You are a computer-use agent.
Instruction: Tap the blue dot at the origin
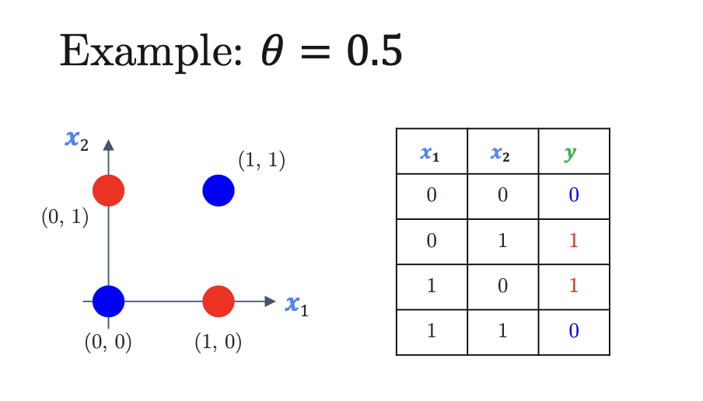[109, 301]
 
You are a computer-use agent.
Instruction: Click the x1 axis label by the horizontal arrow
[297, 306]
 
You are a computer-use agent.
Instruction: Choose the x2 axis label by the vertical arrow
[77, 141]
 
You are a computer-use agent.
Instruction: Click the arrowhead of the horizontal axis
[270, 302]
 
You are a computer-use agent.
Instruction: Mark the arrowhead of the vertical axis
[109, 145]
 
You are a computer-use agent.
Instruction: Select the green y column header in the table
[570, 154]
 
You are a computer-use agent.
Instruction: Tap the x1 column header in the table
[430, 154]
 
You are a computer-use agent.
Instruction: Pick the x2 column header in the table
[500, 154]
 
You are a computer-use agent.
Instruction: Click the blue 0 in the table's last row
[574, 330]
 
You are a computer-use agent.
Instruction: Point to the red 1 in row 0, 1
[574, 241]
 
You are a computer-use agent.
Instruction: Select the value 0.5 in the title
[374, 51]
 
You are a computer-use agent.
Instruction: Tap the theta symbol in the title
[273, 51]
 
